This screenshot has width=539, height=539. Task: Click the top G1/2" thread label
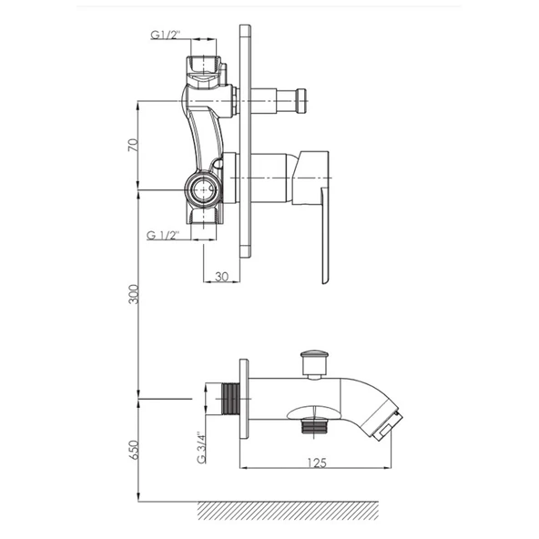(x=166, y=35)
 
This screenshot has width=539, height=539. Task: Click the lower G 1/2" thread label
(x=163, y=236)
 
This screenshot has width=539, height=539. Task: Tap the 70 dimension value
(x=133, y=145)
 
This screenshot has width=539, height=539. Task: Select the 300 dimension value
(x=133, y=294)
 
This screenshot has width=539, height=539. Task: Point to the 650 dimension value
(x=133, y=450)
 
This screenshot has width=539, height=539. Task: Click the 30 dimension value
(x=222, y=276)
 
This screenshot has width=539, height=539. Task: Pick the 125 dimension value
(x=316, y=463)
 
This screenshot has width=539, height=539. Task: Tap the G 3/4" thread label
(x=201, y=448)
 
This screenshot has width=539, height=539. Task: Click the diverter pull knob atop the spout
(x=313, y=364)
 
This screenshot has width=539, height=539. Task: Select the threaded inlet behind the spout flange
(x=231, y=399)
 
